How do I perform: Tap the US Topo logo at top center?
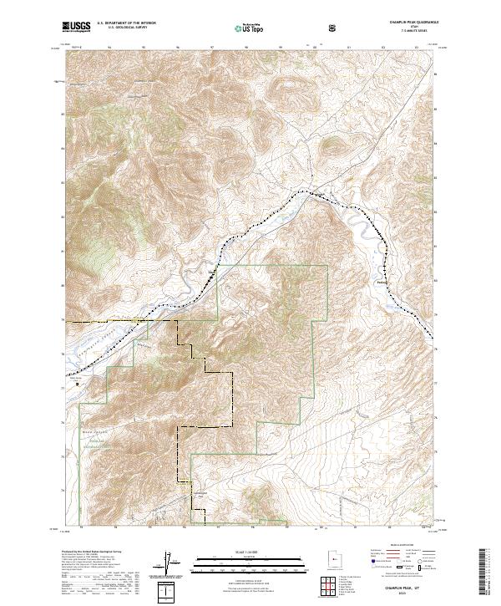point(250,28)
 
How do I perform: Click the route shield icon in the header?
point(334,28)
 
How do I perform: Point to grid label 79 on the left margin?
point(61,319)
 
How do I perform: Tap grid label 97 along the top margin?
point(214,48)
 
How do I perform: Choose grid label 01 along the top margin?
point(348,48)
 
